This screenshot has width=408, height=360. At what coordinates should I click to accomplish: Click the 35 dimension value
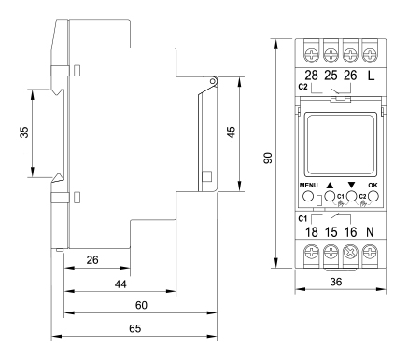pos(24,132)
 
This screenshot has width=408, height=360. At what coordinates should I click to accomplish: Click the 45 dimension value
pos(232,132)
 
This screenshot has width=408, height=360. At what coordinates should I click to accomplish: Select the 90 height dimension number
pos(268,158)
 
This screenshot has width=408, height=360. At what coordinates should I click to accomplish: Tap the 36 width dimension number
pos(336,282)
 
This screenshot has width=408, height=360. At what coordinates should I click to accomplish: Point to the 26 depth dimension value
pos(92,260)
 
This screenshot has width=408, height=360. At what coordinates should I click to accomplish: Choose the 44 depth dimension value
pos(120,284)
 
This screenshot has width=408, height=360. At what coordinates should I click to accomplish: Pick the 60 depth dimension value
pos(141,305)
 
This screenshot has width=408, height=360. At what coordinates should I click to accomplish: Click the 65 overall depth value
pos(135,328)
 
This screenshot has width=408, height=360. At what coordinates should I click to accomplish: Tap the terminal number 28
pos(311,76)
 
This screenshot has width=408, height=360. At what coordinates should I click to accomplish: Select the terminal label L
pos(371,76)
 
